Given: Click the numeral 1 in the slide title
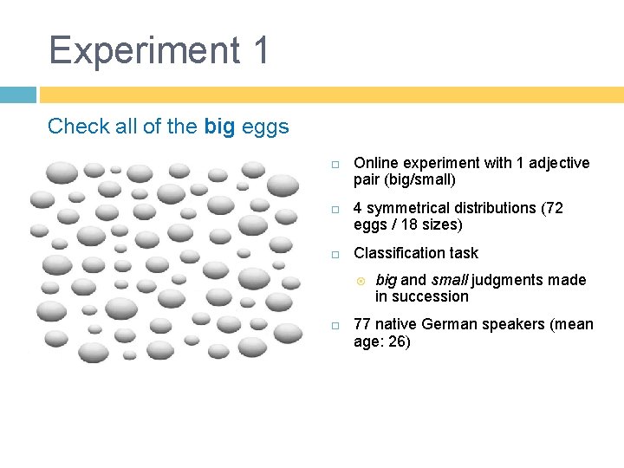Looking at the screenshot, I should (x=261, y=50).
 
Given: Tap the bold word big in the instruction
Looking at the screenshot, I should (x=219, y=127).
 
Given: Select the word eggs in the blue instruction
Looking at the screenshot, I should (x=264, y=127).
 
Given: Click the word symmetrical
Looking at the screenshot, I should (x=408, y=208).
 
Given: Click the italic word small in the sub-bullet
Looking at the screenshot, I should (x=447, y=280).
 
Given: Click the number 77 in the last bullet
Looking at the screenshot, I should (x=363, y=324).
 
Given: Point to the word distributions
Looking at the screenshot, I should (x=493, y=208).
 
